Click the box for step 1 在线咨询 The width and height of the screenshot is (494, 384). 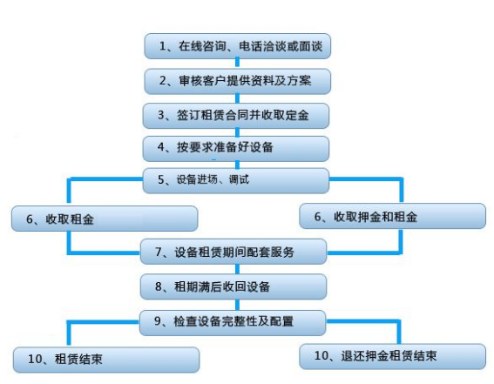pos(238,46)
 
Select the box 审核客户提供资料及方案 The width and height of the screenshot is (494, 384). pos(238,81)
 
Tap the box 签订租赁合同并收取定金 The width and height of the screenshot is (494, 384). pos(236,116)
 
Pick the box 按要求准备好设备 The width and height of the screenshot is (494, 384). pos(236,149)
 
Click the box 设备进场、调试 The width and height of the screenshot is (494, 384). pos(236,180)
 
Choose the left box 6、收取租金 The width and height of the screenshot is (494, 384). pos(105,219)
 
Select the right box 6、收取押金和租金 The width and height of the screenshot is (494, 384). pos(393,216)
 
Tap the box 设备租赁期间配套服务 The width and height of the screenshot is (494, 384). pos(233,252)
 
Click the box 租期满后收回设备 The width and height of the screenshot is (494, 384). pos(233,286)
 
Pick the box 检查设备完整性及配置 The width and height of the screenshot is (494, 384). pos(233,323)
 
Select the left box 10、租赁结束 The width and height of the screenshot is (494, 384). pos(106,360)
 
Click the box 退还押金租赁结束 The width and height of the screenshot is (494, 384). pos(393,356)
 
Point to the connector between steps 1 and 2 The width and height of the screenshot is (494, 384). pos(238,63)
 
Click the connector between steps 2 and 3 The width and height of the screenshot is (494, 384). pos(238,98)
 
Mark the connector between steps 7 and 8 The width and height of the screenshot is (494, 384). pos(237,269)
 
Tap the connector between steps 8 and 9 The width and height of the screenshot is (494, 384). pos(237,305)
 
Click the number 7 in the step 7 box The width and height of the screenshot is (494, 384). pos(159,252)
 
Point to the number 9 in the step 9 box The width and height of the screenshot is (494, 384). pos(158,321)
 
